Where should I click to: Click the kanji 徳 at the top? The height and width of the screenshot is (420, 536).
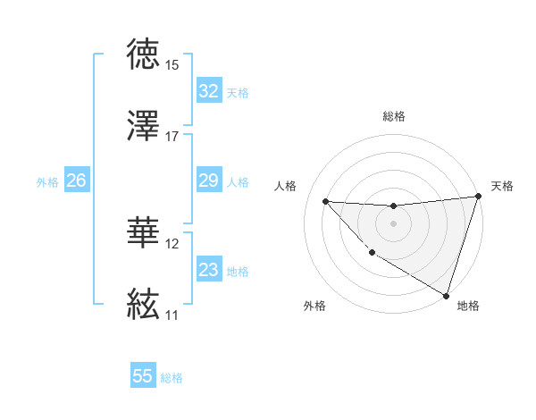(144, 55)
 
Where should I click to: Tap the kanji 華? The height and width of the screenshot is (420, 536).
(144, 233)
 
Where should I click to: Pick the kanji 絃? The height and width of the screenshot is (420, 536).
(144, 305)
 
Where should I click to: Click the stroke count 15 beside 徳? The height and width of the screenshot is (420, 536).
(172, 65)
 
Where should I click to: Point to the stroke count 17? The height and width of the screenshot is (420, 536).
(172, 137)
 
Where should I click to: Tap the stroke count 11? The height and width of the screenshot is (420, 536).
(172, 315)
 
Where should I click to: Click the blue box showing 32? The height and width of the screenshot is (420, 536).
(209, 91)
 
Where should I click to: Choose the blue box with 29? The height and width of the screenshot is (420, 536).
(209, 181)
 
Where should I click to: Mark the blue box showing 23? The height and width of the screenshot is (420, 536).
(209, 271)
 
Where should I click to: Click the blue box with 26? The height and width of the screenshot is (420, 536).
(76, 181)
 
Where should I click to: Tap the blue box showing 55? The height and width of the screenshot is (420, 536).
(143, 376)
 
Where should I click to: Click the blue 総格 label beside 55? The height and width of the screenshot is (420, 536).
(172, 378)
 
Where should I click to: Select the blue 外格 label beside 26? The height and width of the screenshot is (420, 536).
(47, 182)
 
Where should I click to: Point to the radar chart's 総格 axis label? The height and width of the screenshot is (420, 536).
(394, 116)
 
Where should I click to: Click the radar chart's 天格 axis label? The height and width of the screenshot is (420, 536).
(502, 186)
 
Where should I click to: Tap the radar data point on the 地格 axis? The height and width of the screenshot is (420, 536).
(447, 295)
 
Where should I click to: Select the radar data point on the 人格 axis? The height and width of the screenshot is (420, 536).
(325, 201)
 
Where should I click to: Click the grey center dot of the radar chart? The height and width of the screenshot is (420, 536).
(393, 223)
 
